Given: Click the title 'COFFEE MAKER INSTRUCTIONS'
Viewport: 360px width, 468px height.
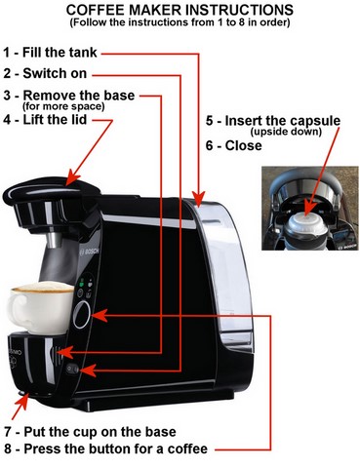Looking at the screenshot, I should pos(180,9).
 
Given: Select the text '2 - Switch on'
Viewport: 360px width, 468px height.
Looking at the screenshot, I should pos(46,74).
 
